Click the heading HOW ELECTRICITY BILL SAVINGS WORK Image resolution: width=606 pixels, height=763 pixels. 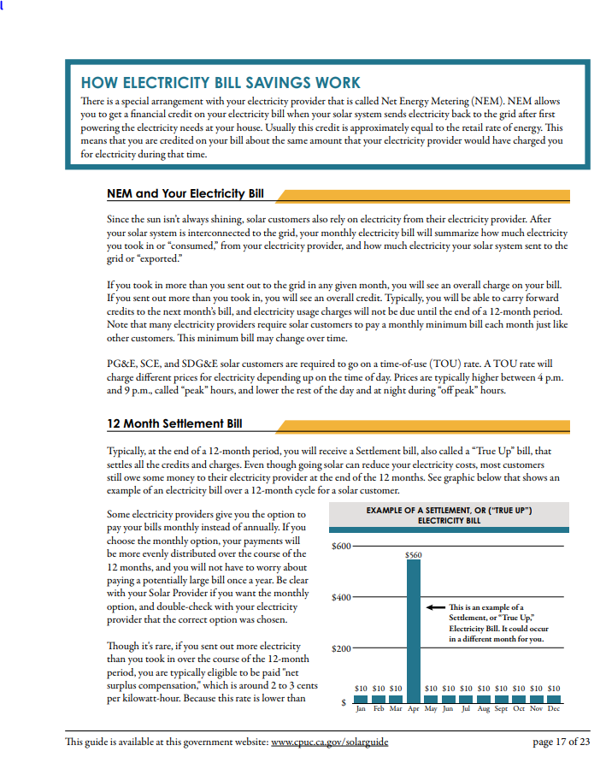[221, 83]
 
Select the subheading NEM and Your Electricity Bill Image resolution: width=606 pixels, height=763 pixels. [185, 194]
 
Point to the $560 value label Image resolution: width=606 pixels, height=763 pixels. [414, 555]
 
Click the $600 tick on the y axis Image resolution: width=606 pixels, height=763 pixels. [341, 546]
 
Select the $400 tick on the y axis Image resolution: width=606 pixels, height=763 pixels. [341, 597]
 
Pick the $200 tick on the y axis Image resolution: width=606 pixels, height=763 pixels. [341, 648]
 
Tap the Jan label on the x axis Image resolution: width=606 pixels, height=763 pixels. [361, 709]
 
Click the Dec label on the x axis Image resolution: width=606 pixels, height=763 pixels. [553, 709]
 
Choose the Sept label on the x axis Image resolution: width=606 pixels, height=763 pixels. [501, 709]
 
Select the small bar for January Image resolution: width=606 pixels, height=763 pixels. [361, 698]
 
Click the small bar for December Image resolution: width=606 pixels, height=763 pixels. [553, 698]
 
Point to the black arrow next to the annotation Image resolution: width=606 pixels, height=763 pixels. [435, 606]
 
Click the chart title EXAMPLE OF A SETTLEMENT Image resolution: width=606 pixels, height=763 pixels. [449, 515]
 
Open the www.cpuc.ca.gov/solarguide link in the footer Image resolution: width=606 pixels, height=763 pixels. [329, 742]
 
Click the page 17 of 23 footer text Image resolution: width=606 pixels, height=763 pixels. [561, 742]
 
